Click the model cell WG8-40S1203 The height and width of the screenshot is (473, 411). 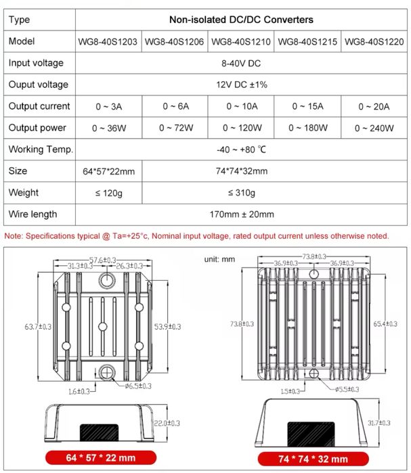(x=108, y=42)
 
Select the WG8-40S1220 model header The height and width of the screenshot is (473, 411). (x=374, y=42)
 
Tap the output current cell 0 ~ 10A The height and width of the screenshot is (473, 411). (x=241, y=106)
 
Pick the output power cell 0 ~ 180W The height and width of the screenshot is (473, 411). (x=308, y=128)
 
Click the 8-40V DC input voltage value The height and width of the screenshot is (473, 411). (x=241, y=63)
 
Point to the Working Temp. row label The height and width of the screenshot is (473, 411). (x=40, y=150)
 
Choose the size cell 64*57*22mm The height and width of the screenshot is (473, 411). (x=108, y=171)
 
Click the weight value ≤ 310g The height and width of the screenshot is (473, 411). (x=241, y=193)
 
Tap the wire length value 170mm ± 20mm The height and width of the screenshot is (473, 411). (x=241, y=215)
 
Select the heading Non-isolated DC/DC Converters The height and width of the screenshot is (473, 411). (x=241, y=20)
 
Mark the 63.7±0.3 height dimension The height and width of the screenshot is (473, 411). (x=38, y=327)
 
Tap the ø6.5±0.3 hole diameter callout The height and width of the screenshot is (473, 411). (x=137, y=386)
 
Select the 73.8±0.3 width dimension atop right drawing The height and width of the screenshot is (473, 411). (x=313, y=256)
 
